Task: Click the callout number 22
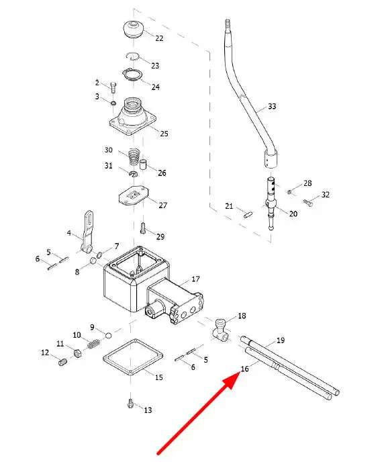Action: pyautogui.click(x=159, y=38)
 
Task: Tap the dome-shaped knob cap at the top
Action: pyautogui.click(x=133, y=29)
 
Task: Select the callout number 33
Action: pyautogui.click(x=272, y=106)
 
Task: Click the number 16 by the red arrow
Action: pyautogui.click(x=244, y=369)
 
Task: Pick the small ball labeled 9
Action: pyautogui.click(x=108, y=335)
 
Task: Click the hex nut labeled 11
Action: pyautogui.click(x=77, y=353)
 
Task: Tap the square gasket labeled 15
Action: pyautogui.click(x=133, y=357)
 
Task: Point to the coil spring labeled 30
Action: pyautogui.click(x=134, y=157)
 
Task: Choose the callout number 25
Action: pyautogui.click(x=164, y=134)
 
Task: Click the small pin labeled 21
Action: pyautogui.click(x=248, y=214)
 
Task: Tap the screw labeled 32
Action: pyautogui.click(x=307, y=203)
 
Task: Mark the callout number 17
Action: pyautogui.click(x=195, y=279)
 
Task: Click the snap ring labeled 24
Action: pyautogui.click(x=133, y=75)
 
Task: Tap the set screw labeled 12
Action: pyautogui.click(x=62, y=362)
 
